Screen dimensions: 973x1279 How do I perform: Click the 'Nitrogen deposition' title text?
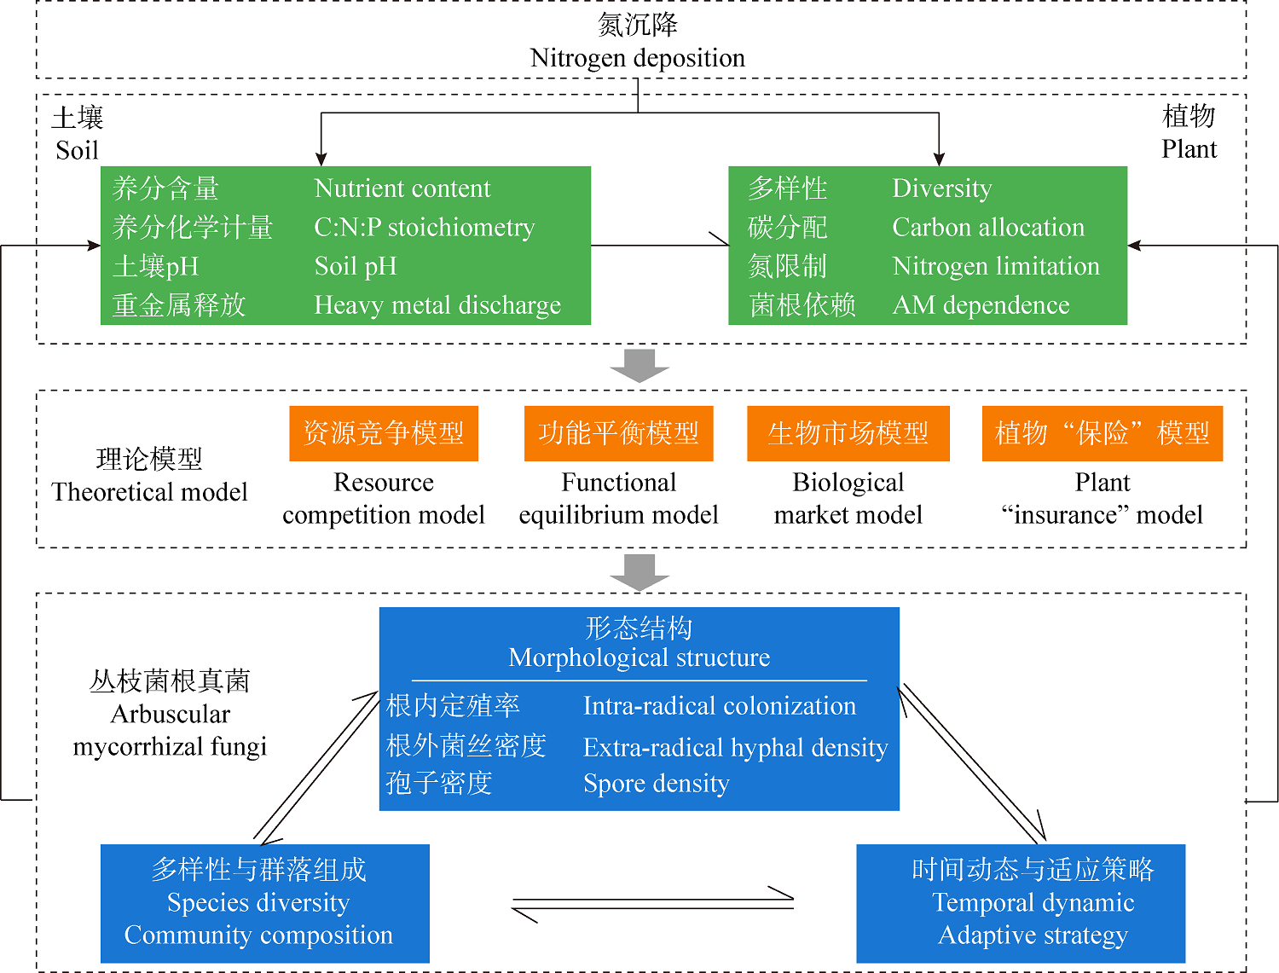click(x=637, y=58)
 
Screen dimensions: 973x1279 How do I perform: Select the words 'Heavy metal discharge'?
click(x=437, y=305)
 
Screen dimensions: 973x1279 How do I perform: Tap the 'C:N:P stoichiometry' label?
click(x=424, y=228)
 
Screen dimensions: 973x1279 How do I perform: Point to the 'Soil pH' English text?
click(x=356, y=266)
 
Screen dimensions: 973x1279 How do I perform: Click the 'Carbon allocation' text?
click(x=988, y=228)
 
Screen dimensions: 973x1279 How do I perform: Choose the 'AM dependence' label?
click(x=981, y=305)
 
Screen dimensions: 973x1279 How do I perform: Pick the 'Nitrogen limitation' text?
click(x=996, y=266)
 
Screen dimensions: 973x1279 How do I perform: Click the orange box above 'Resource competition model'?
click(x=384, y=433)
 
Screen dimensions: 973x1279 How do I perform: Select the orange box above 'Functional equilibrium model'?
click(x=618, y=433)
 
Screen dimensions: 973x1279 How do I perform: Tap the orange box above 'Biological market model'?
click(x=848, y=433)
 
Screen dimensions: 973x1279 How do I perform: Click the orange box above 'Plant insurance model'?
click(x=1102, y=433)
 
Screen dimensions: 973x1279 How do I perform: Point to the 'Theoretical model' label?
click(x=150, y=492)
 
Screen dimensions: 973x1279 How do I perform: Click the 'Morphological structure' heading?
click(x=639, y=657)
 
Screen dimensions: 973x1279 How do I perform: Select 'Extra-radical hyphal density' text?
click(x=735, y=748)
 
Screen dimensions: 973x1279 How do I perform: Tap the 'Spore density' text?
click(x=656, y=784)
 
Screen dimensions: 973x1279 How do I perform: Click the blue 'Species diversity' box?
click(x=264, y=903)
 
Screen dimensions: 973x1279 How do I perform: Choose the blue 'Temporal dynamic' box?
click(x=1021, y=903)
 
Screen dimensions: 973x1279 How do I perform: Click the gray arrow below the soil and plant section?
click(x=639, y=365)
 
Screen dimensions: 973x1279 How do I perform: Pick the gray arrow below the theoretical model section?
click(x=639, y=571)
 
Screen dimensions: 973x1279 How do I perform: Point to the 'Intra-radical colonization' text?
click(x=719, y=706)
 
